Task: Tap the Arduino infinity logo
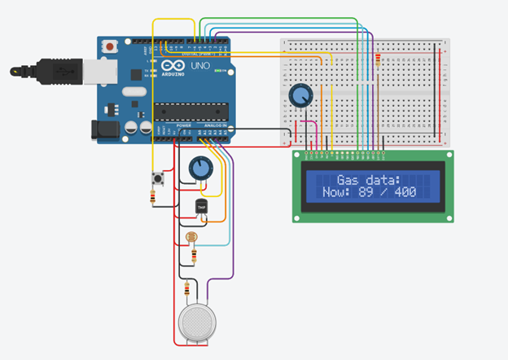[x=174, y=65]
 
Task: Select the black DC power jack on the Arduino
[x=103, y=130]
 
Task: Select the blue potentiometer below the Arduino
[x=199, y=169]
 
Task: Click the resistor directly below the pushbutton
[x=155, y=196]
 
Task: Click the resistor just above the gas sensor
[x=189, y=288]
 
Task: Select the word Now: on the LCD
[x=328, y=192]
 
